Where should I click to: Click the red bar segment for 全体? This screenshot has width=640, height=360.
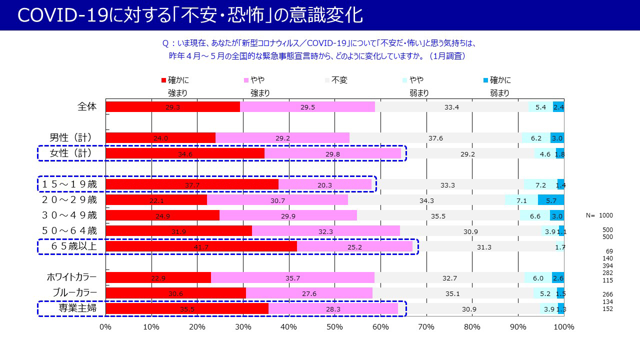[172, 107]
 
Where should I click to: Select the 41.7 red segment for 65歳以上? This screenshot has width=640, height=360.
[201, 246]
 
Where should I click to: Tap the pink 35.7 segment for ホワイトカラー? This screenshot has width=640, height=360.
[292, 277]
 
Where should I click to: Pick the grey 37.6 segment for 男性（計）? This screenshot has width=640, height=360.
[435, 137]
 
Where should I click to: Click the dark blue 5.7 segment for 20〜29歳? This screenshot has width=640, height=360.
[551, 200]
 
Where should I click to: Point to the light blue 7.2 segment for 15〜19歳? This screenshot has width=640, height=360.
[540, 184]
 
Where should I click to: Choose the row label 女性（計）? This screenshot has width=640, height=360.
[71, 153]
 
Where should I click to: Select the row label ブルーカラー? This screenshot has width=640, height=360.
[74, 293]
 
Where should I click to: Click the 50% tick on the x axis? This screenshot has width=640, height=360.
[334, 327]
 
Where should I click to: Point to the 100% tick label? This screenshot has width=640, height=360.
[563, 327]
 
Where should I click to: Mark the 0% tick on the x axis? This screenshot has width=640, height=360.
[105, 327]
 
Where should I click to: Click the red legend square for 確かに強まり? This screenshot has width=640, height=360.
[163, 80]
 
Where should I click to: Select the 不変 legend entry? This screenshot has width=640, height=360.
[338, 80]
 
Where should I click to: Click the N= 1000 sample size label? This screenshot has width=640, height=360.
[599, 215]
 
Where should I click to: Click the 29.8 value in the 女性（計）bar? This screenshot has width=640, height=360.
[332, 154]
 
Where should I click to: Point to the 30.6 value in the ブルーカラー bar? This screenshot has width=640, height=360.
[175, 293]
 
